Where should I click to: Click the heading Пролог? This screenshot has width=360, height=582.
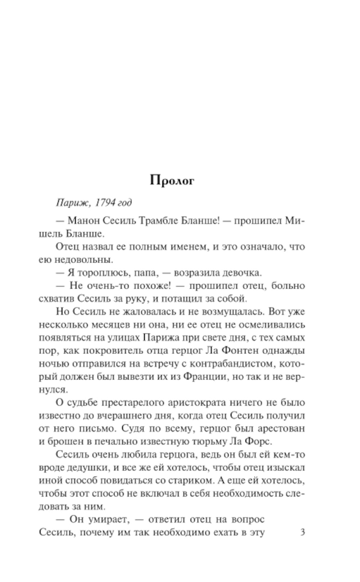click(172, 180)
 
